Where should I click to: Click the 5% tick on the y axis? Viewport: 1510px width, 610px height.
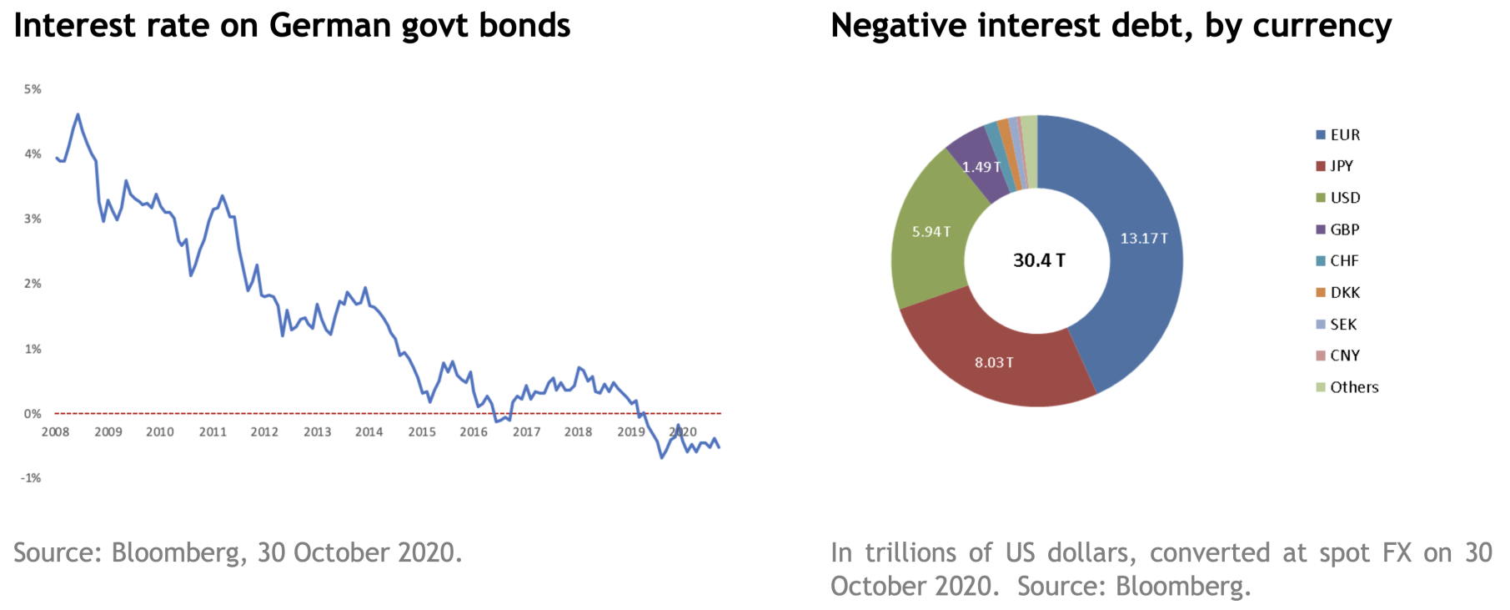[x=33, y=89]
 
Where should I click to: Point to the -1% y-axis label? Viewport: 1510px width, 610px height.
[x=31, y=478]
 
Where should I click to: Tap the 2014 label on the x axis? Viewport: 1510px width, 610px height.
[x=369, y=432]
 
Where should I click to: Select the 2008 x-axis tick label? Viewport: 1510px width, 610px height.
[x=56, y=432]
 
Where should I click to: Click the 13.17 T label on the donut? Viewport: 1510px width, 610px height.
[x=1144, y=239]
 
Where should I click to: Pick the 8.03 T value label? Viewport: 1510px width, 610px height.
[x=994, y=362]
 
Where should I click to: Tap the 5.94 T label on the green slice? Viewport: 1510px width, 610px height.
[x=931, y=231]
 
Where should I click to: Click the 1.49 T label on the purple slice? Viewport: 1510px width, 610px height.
[x=981, y=167]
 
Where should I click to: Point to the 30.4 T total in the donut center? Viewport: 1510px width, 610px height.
[x=1039, y=260]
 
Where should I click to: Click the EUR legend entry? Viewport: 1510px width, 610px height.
[x=1337, y=135]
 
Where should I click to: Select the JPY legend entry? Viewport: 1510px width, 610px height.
[x=1334, y=166]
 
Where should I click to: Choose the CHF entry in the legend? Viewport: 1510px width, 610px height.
[x=1337, y=261]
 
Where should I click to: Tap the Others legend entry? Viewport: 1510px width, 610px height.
[x=1347, y=387]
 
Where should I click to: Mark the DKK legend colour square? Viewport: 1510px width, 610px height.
[x=1321, y=293]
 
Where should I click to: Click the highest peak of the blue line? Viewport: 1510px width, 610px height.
[x=78, y=114]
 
